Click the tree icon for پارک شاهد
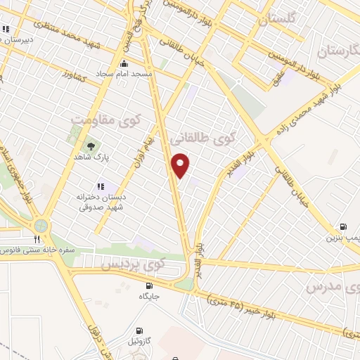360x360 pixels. coord(90,147)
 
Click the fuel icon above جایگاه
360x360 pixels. coord(149,285)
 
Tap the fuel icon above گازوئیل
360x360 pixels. coord(139,330)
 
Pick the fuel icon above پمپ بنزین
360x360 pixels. coord(343,226)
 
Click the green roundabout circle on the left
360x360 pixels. coord(40,226)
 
